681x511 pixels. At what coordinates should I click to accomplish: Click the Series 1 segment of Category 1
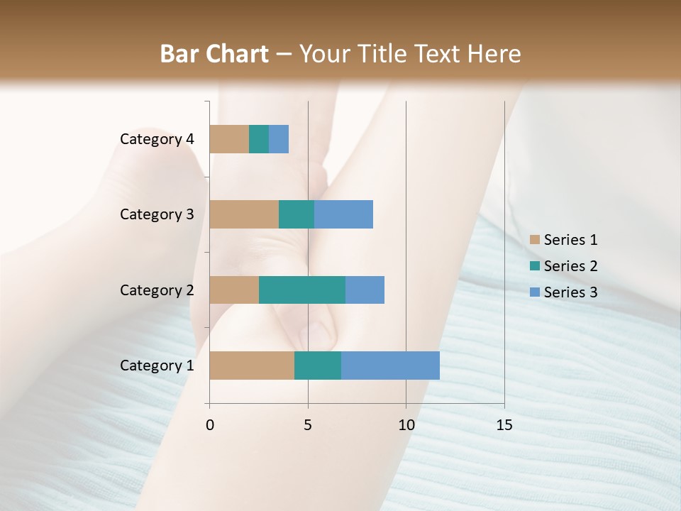[252, 366]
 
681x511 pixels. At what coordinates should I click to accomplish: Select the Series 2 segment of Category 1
[318, 366]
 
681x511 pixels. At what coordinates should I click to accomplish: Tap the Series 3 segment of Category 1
[390, 366]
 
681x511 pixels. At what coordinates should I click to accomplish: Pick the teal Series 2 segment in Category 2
[302, 290]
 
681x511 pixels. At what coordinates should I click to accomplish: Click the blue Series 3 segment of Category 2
[365, 290]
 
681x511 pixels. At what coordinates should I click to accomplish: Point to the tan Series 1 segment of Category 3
[244, 214]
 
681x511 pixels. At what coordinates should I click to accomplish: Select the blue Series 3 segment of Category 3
[343, 214]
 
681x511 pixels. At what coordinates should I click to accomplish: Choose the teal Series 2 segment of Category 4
[259, 139]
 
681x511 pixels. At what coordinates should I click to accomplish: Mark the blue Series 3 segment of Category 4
[279, 139]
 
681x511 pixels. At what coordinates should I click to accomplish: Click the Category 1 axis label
[157, 366]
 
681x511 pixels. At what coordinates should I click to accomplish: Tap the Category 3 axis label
[157, 214]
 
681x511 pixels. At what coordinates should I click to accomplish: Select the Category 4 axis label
[157, 139]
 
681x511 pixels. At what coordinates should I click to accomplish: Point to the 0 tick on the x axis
[210, 425]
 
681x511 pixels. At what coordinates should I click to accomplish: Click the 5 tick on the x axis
[308, 425]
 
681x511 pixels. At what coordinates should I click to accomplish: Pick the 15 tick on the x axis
[504, 425]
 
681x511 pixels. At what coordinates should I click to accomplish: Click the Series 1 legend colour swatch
[535, 240]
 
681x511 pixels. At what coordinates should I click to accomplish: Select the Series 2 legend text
[570, 266]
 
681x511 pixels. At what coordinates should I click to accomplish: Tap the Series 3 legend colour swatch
[535, 292]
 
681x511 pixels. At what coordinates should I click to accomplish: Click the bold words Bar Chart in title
[214, 54]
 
